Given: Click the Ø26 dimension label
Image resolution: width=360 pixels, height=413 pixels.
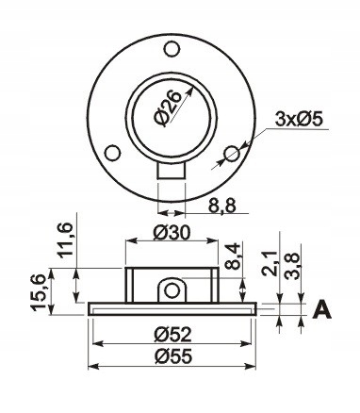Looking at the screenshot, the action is [x=168, y=107].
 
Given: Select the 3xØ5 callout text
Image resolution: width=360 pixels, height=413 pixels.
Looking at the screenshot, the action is [x=299, y=120].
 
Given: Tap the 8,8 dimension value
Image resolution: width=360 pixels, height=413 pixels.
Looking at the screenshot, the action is [x=221, y=206].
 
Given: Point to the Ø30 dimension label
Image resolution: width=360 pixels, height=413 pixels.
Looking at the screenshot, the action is [x=172, y=233].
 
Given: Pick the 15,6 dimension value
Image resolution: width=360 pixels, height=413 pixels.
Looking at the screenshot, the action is [x=39, y=293].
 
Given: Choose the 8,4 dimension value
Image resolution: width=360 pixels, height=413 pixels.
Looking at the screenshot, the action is [x=233, y=256].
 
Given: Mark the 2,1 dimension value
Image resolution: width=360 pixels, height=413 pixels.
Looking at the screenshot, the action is [x=270, y=264].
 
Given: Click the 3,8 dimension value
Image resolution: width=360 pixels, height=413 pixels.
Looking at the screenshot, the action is [x=292, y=267].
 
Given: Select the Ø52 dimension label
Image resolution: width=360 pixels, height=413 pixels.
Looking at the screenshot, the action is [x=172, y=335].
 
